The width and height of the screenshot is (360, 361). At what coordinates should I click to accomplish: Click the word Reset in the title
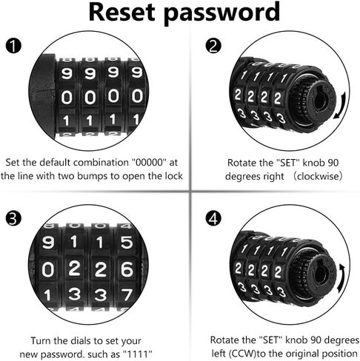pyautogui.click(x=121, y=12)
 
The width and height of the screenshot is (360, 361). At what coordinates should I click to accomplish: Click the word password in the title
pyautogui.click(x=221, y=13)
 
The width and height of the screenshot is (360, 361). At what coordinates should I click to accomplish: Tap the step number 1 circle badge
pyautogui.click(x=13, y=46)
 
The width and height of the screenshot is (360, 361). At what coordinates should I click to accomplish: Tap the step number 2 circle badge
pyautogui.click(x=213, y=46)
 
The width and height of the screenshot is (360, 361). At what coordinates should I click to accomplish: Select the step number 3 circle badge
pyautogui.click(x=13, y=218)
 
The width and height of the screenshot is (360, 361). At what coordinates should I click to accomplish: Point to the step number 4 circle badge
pyautogui.click(x=213, y=218)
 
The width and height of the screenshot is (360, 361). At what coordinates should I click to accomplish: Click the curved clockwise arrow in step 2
pyautogui.click(x=342, y=105)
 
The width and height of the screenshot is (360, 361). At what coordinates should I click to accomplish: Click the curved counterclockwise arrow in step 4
pyautogui.click(x=342, y=278)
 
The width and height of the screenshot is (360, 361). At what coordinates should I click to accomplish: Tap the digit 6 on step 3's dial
pyautogui.click(x=127, y=269)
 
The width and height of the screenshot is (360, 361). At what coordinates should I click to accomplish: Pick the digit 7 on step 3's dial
pyautogui.click(x=127, y=295)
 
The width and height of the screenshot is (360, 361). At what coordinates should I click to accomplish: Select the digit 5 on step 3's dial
pyautogui.click(x=127, y=242)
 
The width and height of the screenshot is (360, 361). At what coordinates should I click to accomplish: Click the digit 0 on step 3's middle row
pyautogui.click(x=48, y=269)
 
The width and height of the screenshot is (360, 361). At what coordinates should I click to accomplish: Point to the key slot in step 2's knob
pyautogui.click(x=321, y=98)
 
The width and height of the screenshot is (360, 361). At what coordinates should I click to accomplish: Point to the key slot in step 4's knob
pyautogui.click(x=321, y=271)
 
